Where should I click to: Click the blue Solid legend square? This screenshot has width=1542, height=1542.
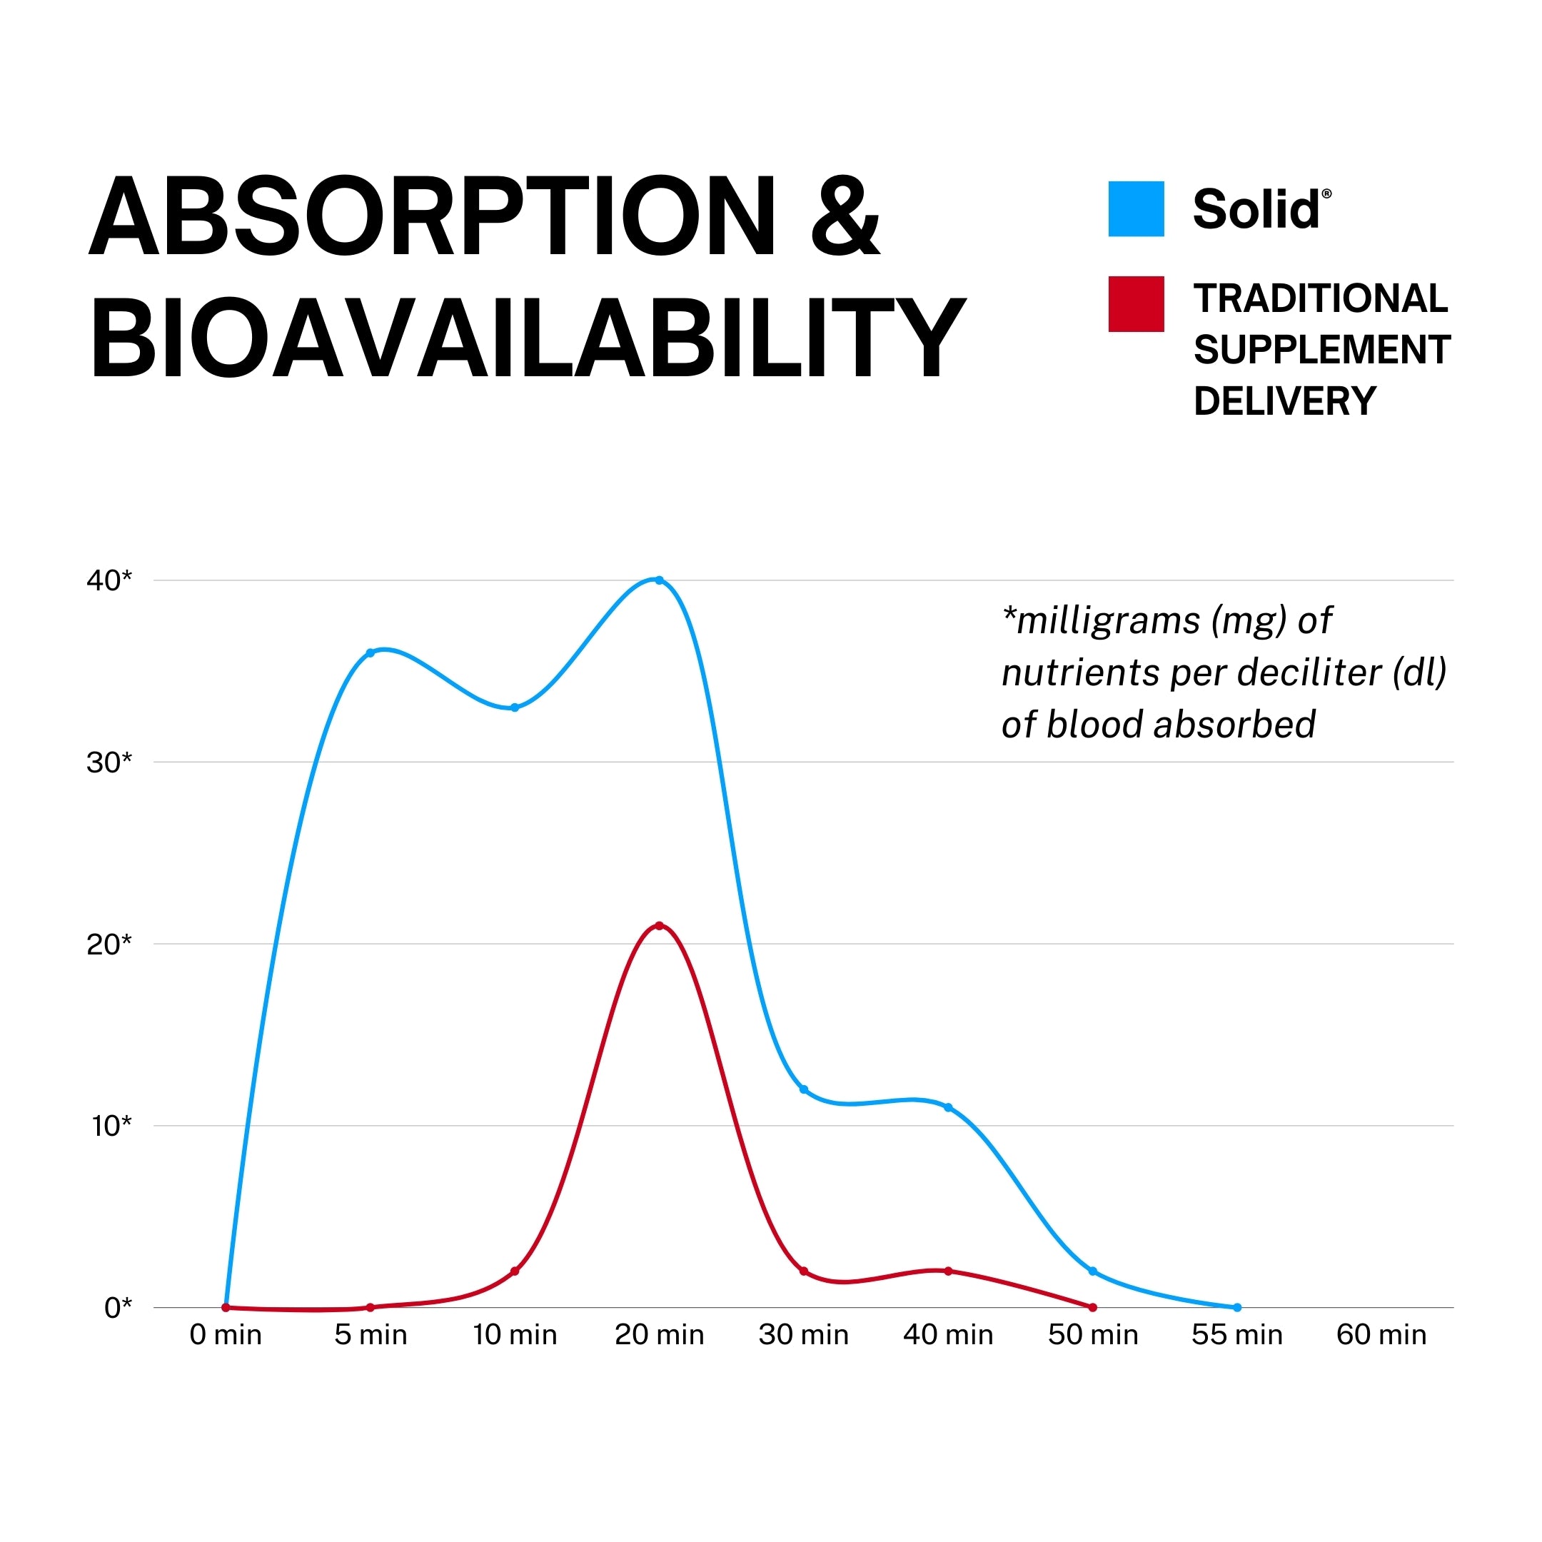[1136, 209]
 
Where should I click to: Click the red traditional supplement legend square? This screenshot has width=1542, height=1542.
[1136, 304]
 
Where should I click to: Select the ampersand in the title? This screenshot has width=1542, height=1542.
[845, 217]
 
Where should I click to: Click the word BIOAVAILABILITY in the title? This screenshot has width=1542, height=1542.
[527, 338]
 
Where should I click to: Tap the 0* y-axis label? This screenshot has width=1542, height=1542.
[117, 1308]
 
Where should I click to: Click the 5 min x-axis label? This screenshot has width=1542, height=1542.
[371, 1335]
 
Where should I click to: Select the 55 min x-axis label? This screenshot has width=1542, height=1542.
[1237, 1335]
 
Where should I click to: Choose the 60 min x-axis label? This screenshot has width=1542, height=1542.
[1381, 1335]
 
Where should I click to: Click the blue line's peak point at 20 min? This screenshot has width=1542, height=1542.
[659, 580]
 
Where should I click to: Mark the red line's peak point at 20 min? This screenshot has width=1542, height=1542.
[659, 926]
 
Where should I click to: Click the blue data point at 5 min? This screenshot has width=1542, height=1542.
[371, 653]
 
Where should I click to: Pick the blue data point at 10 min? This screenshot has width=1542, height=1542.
[515, 708]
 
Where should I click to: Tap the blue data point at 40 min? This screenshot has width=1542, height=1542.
[948, 1108]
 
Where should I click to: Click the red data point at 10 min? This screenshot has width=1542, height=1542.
[515, 1271]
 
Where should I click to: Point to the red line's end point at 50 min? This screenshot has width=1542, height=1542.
[1093, 1308]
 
